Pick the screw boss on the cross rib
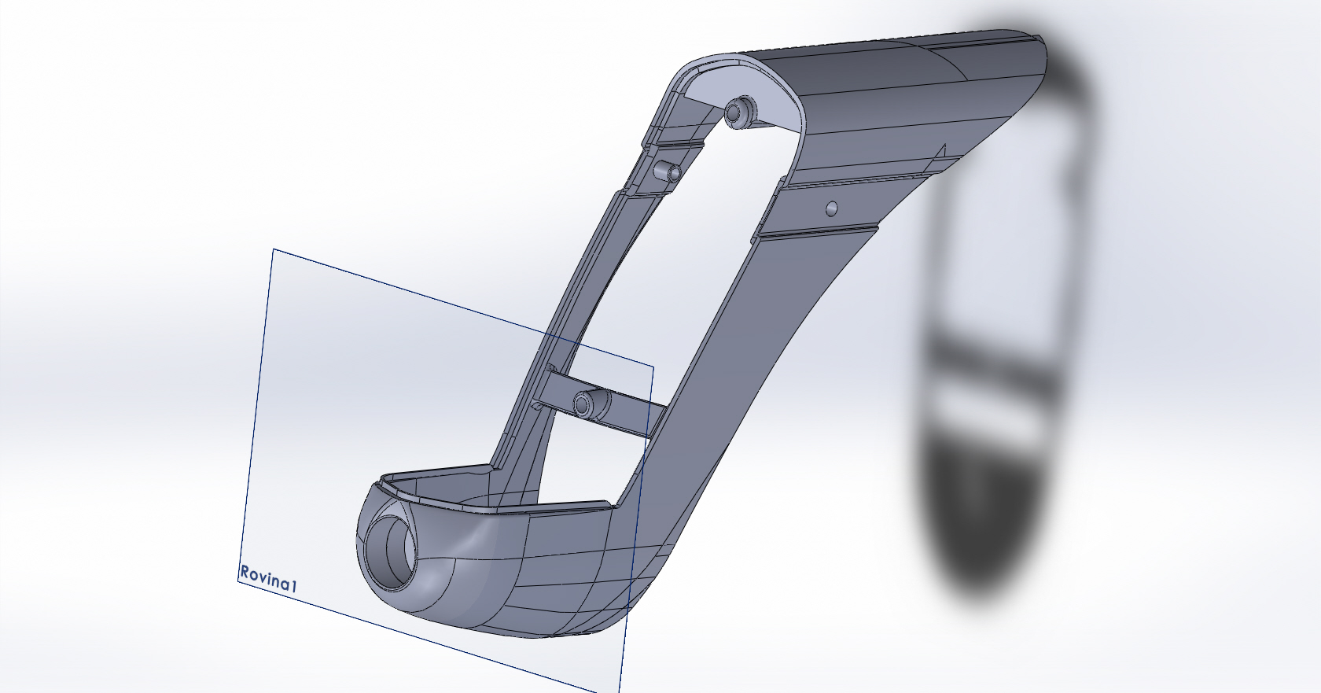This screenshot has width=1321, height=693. [x=591, y=404]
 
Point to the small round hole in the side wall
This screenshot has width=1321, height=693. [x=832, y=208]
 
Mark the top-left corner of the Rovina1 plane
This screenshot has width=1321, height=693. [x=273, y=249]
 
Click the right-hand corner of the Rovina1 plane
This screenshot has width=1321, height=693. [x=653, y=367]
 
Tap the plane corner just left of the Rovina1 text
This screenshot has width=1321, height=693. [x=237, y=581]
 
